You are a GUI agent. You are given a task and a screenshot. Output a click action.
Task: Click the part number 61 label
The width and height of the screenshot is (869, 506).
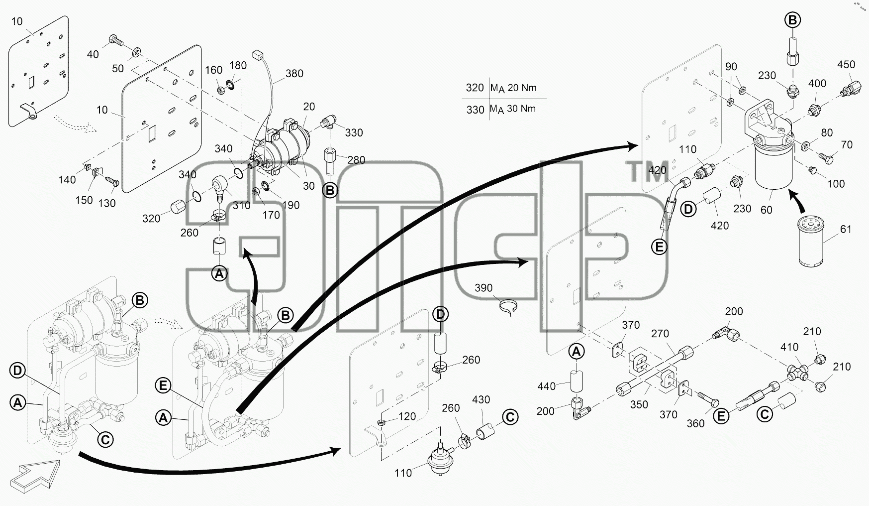846,229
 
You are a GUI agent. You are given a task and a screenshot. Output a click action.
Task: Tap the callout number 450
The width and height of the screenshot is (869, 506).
846,65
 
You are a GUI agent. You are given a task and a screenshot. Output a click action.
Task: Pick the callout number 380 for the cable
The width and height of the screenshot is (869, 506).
294,74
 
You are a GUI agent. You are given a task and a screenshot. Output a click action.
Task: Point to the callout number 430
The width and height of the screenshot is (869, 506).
481,400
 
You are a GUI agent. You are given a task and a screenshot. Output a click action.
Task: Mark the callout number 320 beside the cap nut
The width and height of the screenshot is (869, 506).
151,219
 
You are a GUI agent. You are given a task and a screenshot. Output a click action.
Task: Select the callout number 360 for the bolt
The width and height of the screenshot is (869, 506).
695,423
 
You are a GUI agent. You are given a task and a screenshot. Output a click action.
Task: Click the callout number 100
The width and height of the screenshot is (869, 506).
836,184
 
